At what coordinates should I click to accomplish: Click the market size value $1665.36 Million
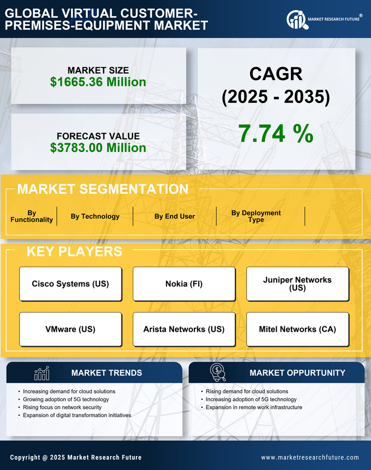point(98,82)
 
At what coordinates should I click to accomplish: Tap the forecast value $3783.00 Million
point(98,148)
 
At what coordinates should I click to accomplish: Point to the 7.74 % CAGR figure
point(276,134)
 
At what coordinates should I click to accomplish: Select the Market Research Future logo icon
point(296,19)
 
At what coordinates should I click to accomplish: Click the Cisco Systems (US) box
point(70,284)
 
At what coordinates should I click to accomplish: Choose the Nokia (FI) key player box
point(184,284)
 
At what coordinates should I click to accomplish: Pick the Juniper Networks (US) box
point(298,284)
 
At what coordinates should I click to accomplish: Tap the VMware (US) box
point(70,329)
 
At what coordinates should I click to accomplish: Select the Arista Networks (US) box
point(184,329)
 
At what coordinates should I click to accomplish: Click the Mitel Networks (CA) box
point(298,329)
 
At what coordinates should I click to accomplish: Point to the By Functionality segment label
point(32,216)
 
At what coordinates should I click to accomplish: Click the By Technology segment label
point(95,216)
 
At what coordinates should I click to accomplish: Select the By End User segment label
point(175,216)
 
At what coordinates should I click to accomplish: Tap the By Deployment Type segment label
point(256,216)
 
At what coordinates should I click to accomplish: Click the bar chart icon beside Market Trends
point(42,373)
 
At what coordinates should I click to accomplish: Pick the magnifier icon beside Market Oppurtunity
point(218,373)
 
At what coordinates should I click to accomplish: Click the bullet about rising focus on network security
point(63,407)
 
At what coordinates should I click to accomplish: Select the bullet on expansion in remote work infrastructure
point(254,407)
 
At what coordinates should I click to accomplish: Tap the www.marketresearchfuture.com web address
point(310,457)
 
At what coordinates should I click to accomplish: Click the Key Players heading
point(74,251)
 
